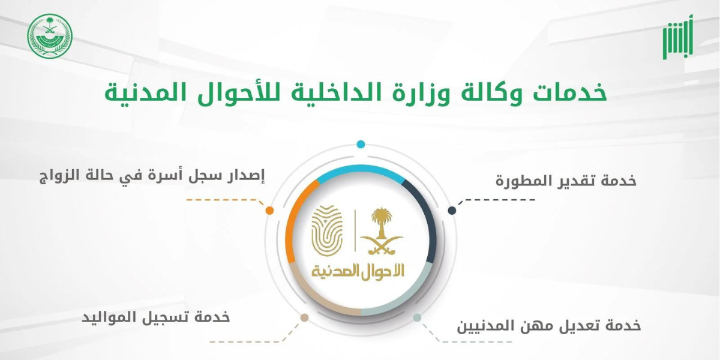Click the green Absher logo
point(677,38)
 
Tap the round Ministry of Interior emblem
point(50,36)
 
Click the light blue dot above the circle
point(361,145)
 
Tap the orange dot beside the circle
point(269,211)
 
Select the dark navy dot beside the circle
point(452,211)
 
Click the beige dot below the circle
point(304,318)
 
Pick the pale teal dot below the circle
point(417,318)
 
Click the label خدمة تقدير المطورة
point(566,181)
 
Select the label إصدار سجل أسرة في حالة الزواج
point(152,176)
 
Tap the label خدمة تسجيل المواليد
point(156,317)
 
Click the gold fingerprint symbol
point(327,230)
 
